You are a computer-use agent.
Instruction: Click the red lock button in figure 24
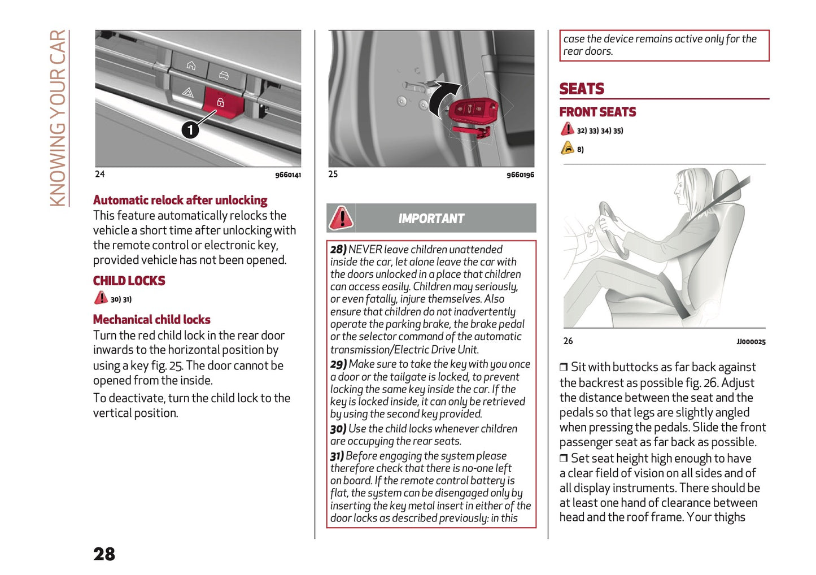coord(221,102)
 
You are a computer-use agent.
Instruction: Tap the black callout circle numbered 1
coord(190,130)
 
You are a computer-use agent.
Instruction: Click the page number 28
coord(104,554)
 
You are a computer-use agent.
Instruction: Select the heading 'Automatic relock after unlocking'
coord(180,201)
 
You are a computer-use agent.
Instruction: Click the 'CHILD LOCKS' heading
coord(129,281)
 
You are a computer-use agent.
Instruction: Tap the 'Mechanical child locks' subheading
coord(151,320)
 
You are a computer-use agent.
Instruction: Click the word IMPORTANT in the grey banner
coord(431,219)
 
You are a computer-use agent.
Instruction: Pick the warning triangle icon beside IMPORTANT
coord(341,218)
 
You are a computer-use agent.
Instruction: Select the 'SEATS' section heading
coord(582,89)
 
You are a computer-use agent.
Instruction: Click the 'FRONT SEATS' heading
coord(597,112)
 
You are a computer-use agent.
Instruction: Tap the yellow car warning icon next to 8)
coord(567,149)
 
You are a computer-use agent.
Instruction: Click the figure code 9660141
coord(288,175)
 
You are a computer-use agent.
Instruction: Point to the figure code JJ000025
coord(750,342)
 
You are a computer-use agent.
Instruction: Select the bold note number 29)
coord(338,364)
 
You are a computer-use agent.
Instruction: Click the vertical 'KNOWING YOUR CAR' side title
coord(58,119)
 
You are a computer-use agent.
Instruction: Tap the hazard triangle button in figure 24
coord(187,93)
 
